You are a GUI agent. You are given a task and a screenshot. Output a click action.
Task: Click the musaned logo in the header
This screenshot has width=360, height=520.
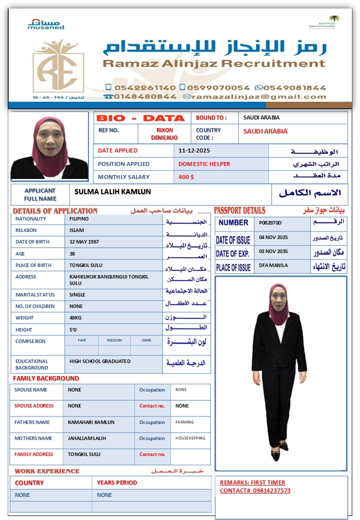[x=45, y=24]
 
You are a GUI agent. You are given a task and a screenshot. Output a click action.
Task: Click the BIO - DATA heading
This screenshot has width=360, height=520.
[x=140, y=118]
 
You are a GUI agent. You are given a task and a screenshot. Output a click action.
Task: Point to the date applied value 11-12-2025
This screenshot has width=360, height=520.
[x=194, y=150]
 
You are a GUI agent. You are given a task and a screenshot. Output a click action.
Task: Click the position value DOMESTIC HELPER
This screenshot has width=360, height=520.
[x=204, y=164]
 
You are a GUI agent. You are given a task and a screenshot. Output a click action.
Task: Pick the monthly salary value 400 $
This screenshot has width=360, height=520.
[x=186, y=177]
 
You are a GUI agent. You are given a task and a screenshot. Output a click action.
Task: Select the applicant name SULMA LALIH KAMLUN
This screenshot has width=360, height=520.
[x=112, y=192]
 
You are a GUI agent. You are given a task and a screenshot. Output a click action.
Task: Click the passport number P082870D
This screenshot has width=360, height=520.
[x=270, y=223]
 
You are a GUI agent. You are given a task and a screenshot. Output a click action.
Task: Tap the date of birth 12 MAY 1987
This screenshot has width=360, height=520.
[x=84, y=242]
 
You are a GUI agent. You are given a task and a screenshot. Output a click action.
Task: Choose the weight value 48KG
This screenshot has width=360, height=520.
[x=76, y=318]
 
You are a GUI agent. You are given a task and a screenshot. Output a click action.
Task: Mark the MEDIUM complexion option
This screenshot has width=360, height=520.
[x=114, y=340]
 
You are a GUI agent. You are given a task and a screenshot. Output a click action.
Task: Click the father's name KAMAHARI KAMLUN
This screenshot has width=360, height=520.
[x=91, y=422]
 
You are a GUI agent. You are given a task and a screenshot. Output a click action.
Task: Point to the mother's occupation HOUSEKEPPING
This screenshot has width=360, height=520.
[x=190, y=438]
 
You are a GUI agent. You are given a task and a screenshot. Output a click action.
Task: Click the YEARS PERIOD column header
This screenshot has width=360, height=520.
[x=117, y=483]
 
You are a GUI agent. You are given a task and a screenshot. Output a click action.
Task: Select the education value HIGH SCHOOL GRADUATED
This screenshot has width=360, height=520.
[x=100, y=361]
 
